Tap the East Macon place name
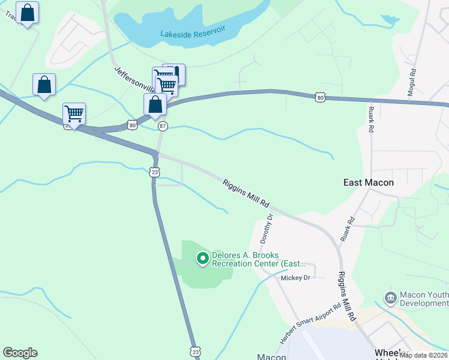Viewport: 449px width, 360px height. click(x=369, y=182)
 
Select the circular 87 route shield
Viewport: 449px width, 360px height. click(x=163, y=126)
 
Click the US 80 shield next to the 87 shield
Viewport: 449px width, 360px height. click(x=132, y=125)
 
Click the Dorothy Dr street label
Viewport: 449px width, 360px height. click(x=267, y=228)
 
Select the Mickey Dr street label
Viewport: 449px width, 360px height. click(x=295, y=278)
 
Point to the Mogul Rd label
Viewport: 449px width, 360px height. click(x=413, y=79)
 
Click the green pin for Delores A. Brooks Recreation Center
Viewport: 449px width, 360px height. click(x=203, y=259)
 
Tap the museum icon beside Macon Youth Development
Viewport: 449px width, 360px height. click(x=390, y=298)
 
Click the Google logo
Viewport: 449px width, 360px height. click(x=20, y=353)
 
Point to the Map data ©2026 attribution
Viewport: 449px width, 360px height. click(x=423, y=355)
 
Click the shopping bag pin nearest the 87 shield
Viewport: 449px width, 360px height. click(x=155, y=104)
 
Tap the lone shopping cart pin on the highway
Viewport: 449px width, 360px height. click(x=74, y=113)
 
